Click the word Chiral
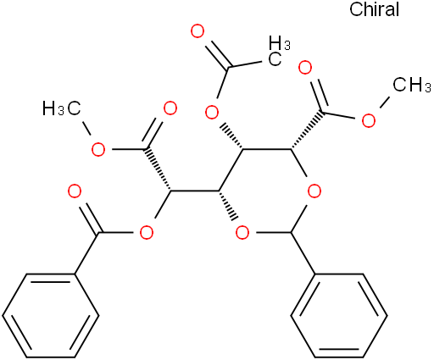(x=374, y=9)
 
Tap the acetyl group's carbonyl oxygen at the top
(x=198, y=31)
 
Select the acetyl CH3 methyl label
(x=279, y=51)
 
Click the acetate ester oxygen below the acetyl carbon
(x=212, y=113)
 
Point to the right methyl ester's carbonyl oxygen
(x=305, y=68)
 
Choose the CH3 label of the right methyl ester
(x=412, y=85)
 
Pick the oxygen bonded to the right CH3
(x=369, y=121)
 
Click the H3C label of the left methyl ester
(x=62, y=108)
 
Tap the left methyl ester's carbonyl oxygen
(x=170, y=109)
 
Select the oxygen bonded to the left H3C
(x=98, y=149)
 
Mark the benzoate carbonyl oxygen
(x=75, y=191)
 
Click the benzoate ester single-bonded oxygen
(x=147, y=233)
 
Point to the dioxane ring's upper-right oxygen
(x=314, y=191)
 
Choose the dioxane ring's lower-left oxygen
(x=242, y=233)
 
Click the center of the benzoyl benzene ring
(x=51, y=315)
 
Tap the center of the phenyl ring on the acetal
(x=339, y=315)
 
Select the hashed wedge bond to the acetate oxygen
(x=232, y=136)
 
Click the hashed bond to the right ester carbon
(x=307, y=130)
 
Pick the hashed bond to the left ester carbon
(x=159, y=169)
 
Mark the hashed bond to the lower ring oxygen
(x=227, y=205)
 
